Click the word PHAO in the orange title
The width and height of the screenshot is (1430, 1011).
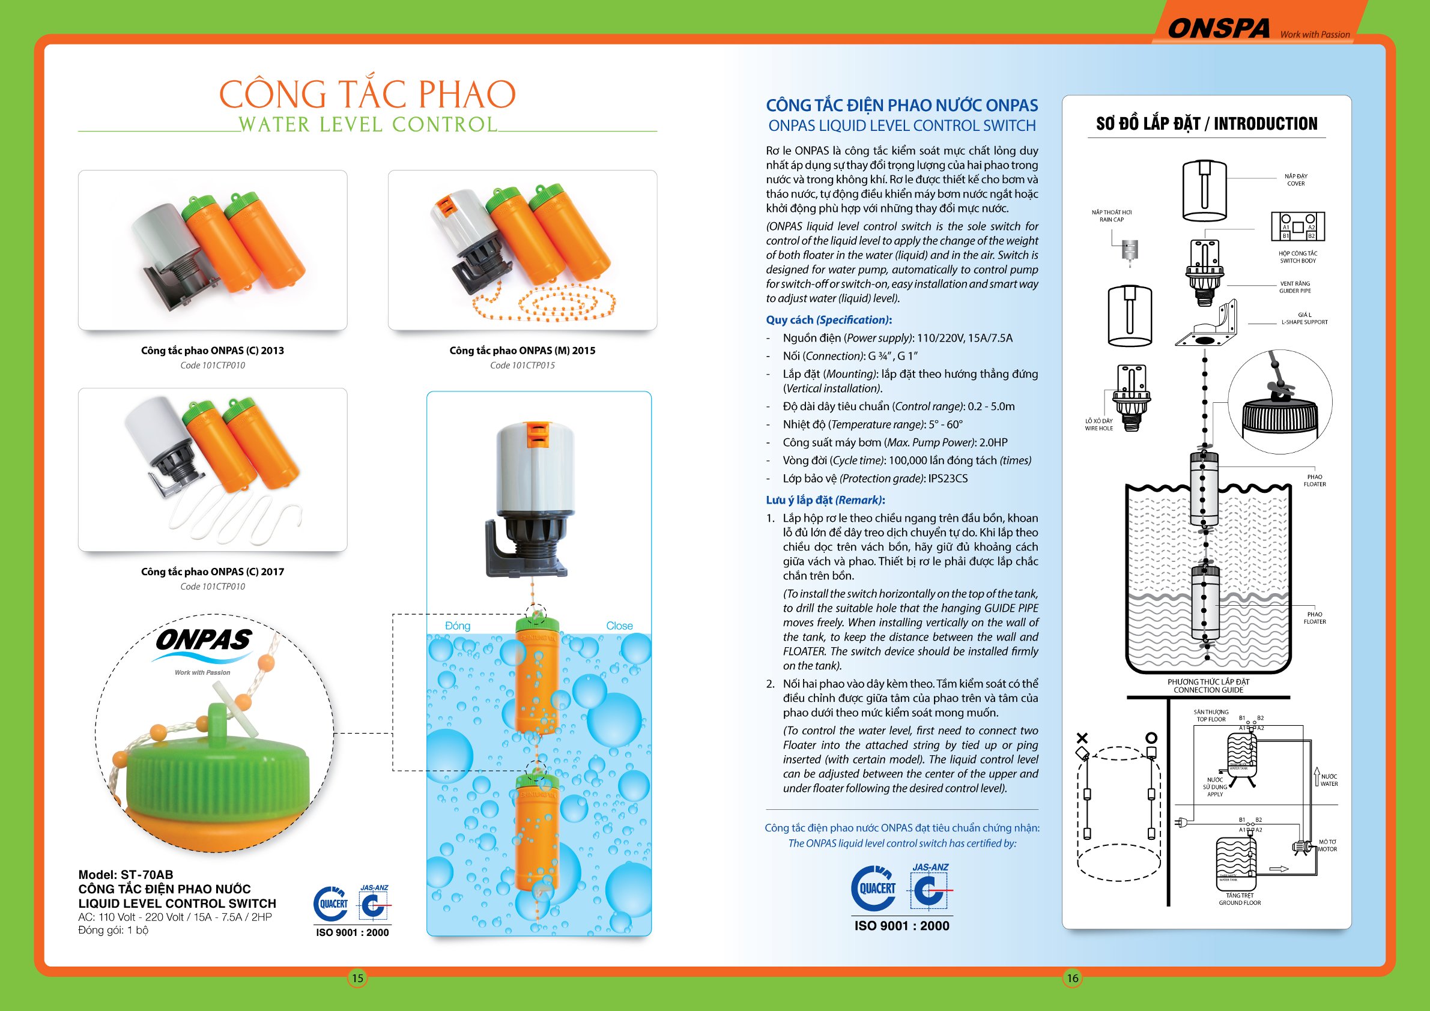467,94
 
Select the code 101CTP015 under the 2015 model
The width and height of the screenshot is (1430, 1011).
522,366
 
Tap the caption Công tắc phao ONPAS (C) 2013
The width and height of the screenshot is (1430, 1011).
213,351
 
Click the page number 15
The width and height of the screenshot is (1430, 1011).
357,978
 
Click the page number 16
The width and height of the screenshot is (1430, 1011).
1072,978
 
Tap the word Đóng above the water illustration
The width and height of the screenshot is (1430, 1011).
457,626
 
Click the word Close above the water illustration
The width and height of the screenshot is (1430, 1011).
619,626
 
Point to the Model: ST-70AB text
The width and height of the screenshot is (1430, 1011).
126,875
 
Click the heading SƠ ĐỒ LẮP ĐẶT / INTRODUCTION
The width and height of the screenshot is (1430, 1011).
1207,124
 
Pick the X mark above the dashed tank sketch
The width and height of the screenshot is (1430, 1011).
1082,738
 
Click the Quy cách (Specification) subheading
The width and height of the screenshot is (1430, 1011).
828,320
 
